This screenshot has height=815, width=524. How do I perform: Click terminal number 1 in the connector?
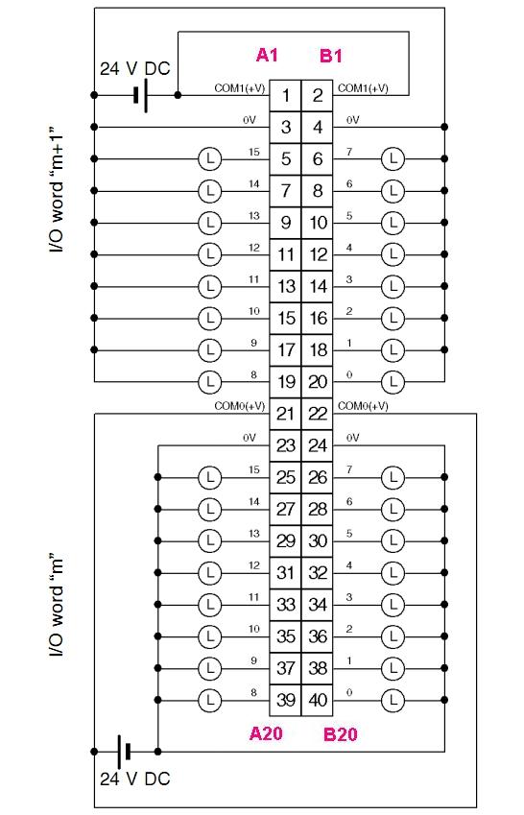285,96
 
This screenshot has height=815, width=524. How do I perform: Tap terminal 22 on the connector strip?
317,414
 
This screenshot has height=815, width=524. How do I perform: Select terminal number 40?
317,700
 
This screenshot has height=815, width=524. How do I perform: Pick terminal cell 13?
285,286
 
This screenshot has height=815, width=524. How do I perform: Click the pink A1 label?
267,55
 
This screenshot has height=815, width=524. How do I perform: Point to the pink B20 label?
341,734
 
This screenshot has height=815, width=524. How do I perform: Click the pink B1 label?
330,56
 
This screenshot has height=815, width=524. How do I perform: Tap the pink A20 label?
266,733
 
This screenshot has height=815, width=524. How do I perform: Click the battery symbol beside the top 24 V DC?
140,96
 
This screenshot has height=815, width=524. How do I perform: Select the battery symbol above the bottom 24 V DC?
124,751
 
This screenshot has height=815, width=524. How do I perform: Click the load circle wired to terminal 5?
210,158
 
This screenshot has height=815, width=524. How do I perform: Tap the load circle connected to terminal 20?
393,382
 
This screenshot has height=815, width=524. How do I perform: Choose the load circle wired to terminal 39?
210,700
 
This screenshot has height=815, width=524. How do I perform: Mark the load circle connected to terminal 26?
393,477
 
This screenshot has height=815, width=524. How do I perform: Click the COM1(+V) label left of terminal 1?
240,88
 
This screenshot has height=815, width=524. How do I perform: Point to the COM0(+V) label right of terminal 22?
363,406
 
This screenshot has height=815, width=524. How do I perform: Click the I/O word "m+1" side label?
57,190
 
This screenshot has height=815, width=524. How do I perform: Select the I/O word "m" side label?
57,607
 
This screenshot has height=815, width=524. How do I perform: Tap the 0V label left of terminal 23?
250,438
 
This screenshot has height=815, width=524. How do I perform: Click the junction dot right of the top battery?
178,95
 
